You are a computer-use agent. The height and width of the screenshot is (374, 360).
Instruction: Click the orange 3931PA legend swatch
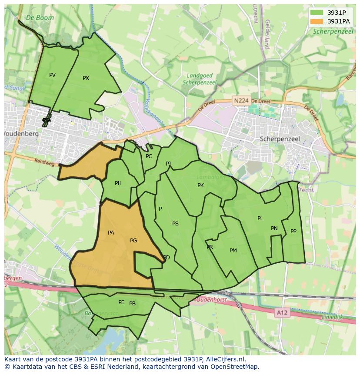coord(317,21)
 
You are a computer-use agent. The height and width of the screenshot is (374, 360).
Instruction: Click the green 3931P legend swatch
coord(317,13)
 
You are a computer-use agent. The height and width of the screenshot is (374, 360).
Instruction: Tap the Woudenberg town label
coord(21,134)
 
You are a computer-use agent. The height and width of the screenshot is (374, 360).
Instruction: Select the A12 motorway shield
coord(282,312)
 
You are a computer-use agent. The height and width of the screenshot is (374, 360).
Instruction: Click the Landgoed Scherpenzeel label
coord(200,79)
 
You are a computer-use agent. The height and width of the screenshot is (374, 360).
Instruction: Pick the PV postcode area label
coord(52,75)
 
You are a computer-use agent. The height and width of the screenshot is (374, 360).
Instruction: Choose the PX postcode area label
coord(86,78)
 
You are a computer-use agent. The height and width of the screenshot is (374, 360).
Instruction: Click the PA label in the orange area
coord(111,233)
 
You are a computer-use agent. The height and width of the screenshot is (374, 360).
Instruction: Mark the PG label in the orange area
coord(133,240)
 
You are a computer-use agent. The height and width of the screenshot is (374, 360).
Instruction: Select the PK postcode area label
coord(200,185)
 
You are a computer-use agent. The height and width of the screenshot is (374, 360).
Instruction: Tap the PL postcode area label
coord(260,218)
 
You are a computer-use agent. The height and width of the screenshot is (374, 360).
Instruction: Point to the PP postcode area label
coord(293,232)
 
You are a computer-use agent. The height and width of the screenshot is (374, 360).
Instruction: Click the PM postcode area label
coord(233,251)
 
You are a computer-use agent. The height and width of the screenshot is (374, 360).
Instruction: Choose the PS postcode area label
coord(175,224)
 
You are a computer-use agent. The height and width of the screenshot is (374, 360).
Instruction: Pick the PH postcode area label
coord(118,183)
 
